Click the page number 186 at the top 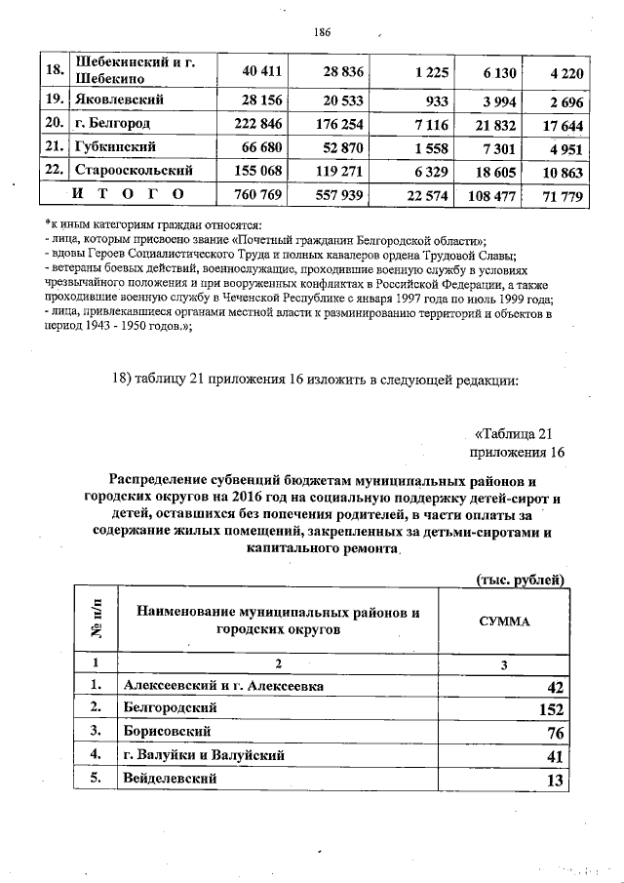coord(323,32)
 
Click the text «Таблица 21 coord(514,433)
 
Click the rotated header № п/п coord(97,621)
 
